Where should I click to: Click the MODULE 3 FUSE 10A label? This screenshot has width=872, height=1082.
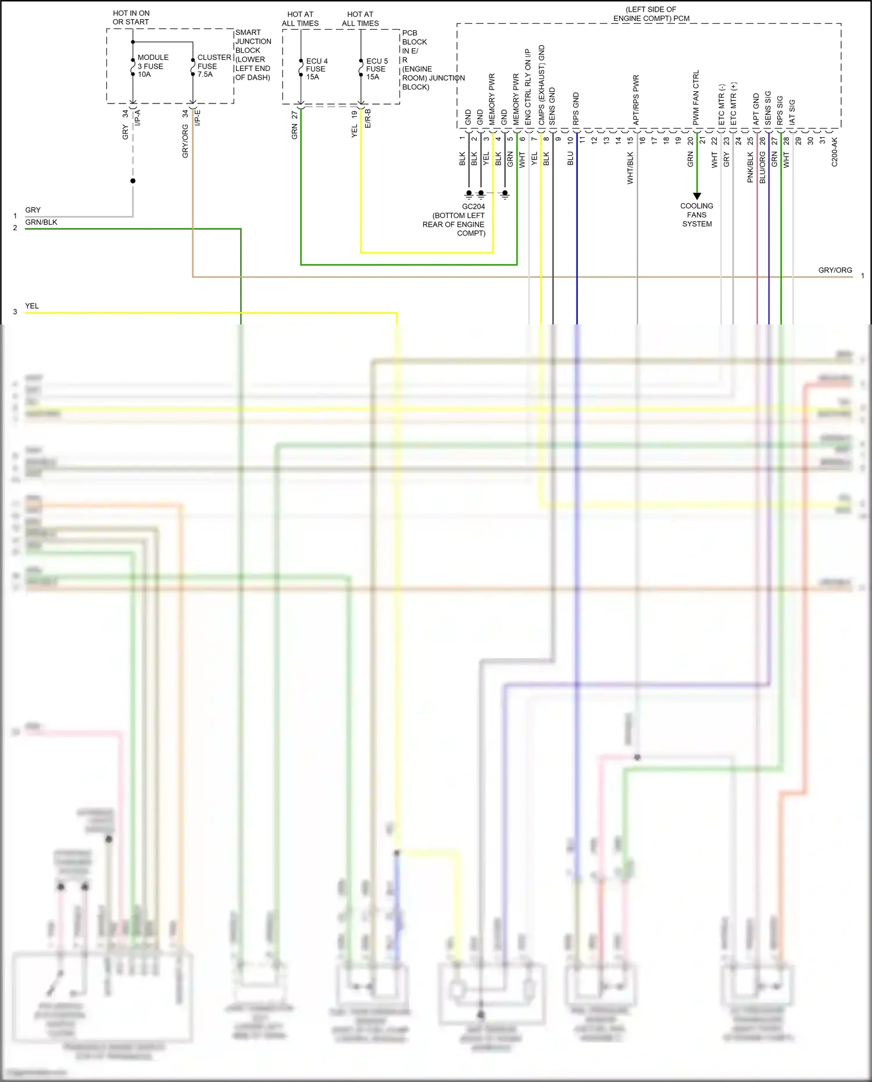coord(153,66)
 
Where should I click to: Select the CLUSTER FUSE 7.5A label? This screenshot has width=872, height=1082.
coord(214,66)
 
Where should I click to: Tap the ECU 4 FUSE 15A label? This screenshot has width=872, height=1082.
coord(316,69)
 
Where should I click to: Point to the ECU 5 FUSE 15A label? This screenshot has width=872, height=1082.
coord(377,69)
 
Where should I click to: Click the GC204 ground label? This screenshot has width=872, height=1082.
coord(473,206)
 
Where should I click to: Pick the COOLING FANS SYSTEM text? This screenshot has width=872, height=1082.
coord(696,215)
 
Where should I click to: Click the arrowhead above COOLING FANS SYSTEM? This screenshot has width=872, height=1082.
coord(696,196)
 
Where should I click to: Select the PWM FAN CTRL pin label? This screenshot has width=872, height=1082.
coord(696,98)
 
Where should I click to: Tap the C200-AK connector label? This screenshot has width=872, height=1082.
coord(834,152)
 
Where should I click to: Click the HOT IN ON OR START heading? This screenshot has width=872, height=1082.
coord(131,17)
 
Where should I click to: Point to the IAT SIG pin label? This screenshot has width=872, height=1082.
coord(792,113)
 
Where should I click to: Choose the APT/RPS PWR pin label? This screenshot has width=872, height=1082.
coord(636,100)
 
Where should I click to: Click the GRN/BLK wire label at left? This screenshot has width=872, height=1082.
coord(41,222)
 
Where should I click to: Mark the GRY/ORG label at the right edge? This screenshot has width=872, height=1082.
coord(835,270)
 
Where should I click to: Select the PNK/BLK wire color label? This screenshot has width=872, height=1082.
coord(750,167)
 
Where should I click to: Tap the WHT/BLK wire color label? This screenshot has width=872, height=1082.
coord(630,168)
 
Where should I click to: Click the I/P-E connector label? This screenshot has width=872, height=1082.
coord(197,117)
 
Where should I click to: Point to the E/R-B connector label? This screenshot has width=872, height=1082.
coord(367,118)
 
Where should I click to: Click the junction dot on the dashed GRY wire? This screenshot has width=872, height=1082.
coord(133,181)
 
